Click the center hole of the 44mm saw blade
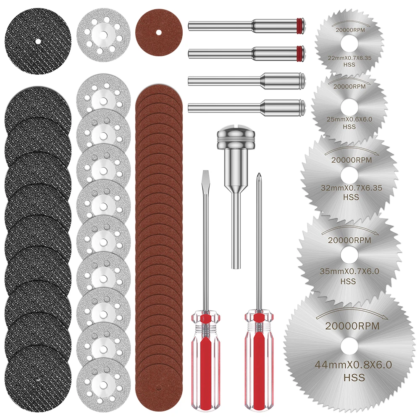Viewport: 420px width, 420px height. pyautogui.click(x=347, y=346)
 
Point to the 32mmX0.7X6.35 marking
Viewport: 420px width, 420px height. pyautogui.click(x=351, y=188)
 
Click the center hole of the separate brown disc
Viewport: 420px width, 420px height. pyautogui.click(x=158, y=31)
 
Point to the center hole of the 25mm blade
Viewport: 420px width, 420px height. pyautogui.click(x=348, y=105)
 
